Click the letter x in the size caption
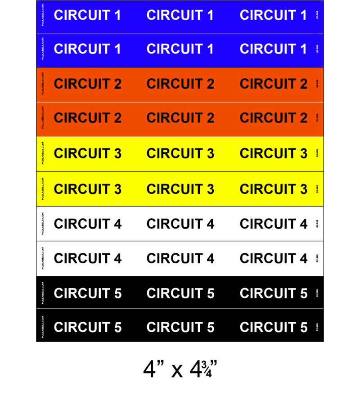(x=177, y=371)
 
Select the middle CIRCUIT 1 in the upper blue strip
(x=180, y=15)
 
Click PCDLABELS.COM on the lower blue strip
(x=42, y=49)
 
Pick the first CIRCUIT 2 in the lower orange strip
(x=88, y=118)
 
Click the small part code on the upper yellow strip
(x=317, y=153)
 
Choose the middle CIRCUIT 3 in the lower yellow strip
(x=180, y=189)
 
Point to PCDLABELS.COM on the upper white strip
(x=42, y=223)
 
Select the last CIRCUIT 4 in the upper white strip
(x=273, y=224)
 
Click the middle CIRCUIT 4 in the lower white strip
(x=180, y=258)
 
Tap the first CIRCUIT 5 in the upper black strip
(x=88, y=293)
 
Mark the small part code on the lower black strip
(x=317, y=328)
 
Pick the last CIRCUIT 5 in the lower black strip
(x=273, y=328)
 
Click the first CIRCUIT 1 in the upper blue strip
(x=88, y=15)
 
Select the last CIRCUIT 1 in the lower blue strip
(x=273, y=49)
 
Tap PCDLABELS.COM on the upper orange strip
(x=42, y=84)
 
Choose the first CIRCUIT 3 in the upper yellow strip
(x=88, y=153)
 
